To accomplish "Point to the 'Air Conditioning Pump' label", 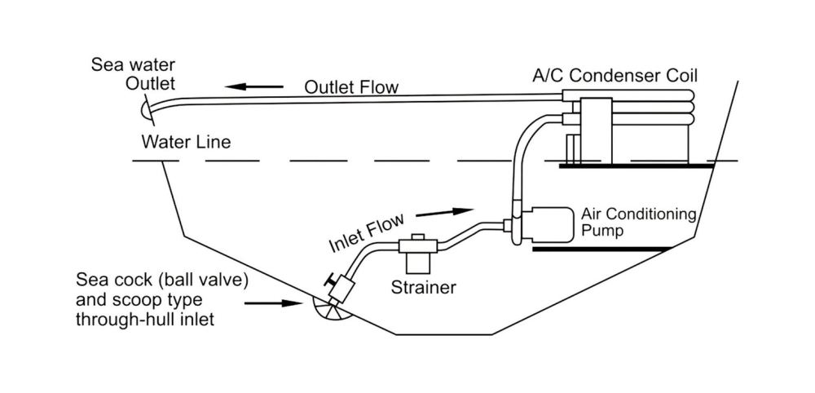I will click(x=638, y=223).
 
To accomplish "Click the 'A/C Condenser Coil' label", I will click(x=616, y=76).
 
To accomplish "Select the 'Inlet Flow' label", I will click(x=366, y=234).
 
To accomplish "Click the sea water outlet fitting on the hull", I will click(x=145, y=105).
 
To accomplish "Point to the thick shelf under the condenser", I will click(x=636, y=166).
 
